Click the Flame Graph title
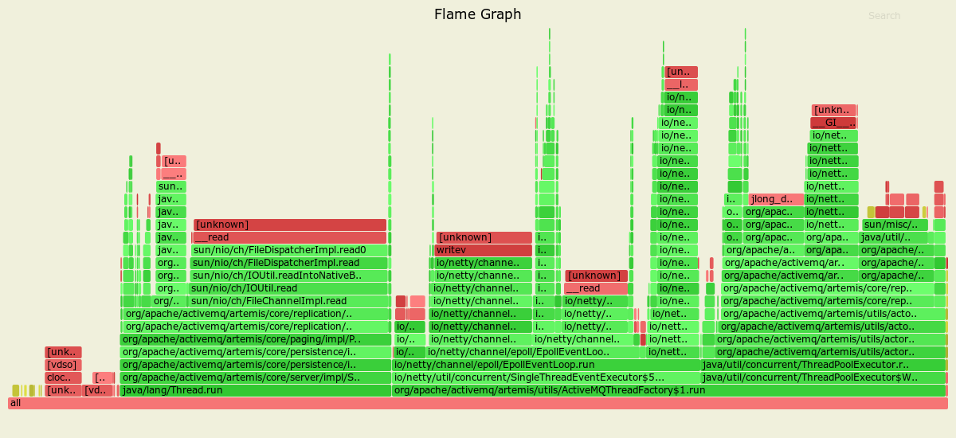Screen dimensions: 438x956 [x=477, y=14]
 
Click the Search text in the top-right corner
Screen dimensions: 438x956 [x=884, y=16]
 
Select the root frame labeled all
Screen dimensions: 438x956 [x=478, y=403]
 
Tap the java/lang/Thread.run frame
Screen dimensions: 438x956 [x=255, y=390]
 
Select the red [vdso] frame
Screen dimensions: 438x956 [x=63, y=365]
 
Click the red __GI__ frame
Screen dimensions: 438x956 [x=833, y=123]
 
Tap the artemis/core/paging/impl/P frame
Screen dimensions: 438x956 [x=255, y=339]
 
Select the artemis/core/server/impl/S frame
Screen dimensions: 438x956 [x=255, y=377]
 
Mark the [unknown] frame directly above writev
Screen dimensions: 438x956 [x=484, y=237]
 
